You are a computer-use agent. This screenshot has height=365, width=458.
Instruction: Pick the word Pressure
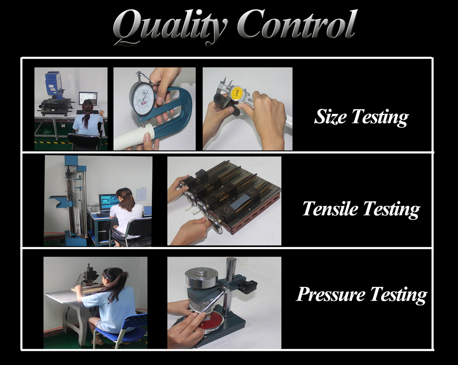[331, 295]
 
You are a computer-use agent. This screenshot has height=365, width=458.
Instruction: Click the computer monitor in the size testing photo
[88, 98]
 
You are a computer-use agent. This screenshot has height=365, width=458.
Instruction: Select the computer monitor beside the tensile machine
[109, 202]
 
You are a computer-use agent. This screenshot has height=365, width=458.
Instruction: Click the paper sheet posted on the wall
[142, 194]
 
